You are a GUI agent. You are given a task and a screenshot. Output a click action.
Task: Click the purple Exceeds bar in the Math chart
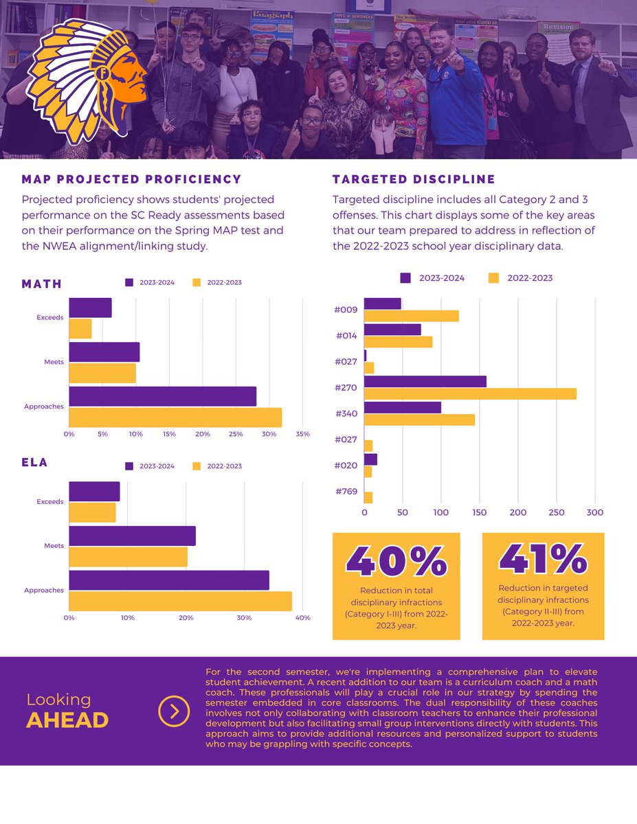coord(90,308)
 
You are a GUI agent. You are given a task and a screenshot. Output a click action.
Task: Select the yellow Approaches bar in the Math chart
coord(175,417)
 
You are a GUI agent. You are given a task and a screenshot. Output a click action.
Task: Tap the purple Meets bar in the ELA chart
coord(133,536)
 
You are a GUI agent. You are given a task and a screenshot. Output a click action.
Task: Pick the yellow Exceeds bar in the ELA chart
coord(92,513)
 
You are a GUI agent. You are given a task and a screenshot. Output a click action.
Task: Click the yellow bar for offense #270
coord(471,393)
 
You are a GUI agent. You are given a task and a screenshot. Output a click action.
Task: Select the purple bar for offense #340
coord(403,408)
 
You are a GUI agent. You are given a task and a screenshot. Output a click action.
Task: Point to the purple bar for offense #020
coord(370,459)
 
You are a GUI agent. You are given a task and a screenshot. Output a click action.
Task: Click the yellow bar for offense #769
coord(368,498)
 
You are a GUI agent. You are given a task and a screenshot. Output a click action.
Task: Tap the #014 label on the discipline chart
coord(346,336)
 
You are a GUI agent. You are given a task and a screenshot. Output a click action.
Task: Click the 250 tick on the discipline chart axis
coord(557,512)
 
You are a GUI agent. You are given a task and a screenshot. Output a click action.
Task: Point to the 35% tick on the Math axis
coord(303,434)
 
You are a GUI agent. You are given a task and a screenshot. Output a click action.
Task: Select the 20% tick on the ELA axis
coord(186,618)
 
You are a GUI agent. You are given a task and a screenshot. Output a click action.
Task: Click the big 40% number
coord(396,561)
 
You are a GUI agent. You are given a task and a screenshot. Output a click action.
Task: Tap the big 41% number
coord(543,558)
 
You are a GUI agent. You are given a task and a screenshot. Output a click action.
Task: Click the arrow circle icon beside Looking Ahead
coord(174,711)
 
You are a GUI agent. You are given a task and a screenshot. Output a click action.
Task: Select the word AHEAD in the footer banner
coord(67,720)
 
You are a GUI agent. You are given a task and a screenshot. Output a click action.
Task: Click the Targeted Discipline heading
coord(414,179)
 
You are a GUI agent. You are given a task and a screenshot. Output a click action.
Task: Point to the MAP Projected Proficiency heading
coord(131,179)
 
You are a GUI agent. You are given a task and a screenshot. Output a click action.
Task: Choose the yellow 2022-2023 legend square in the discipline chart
coord(493,278)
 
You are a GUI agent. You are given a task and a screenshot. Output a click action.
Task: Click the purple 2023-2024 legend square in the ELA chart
coord(129,466)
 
